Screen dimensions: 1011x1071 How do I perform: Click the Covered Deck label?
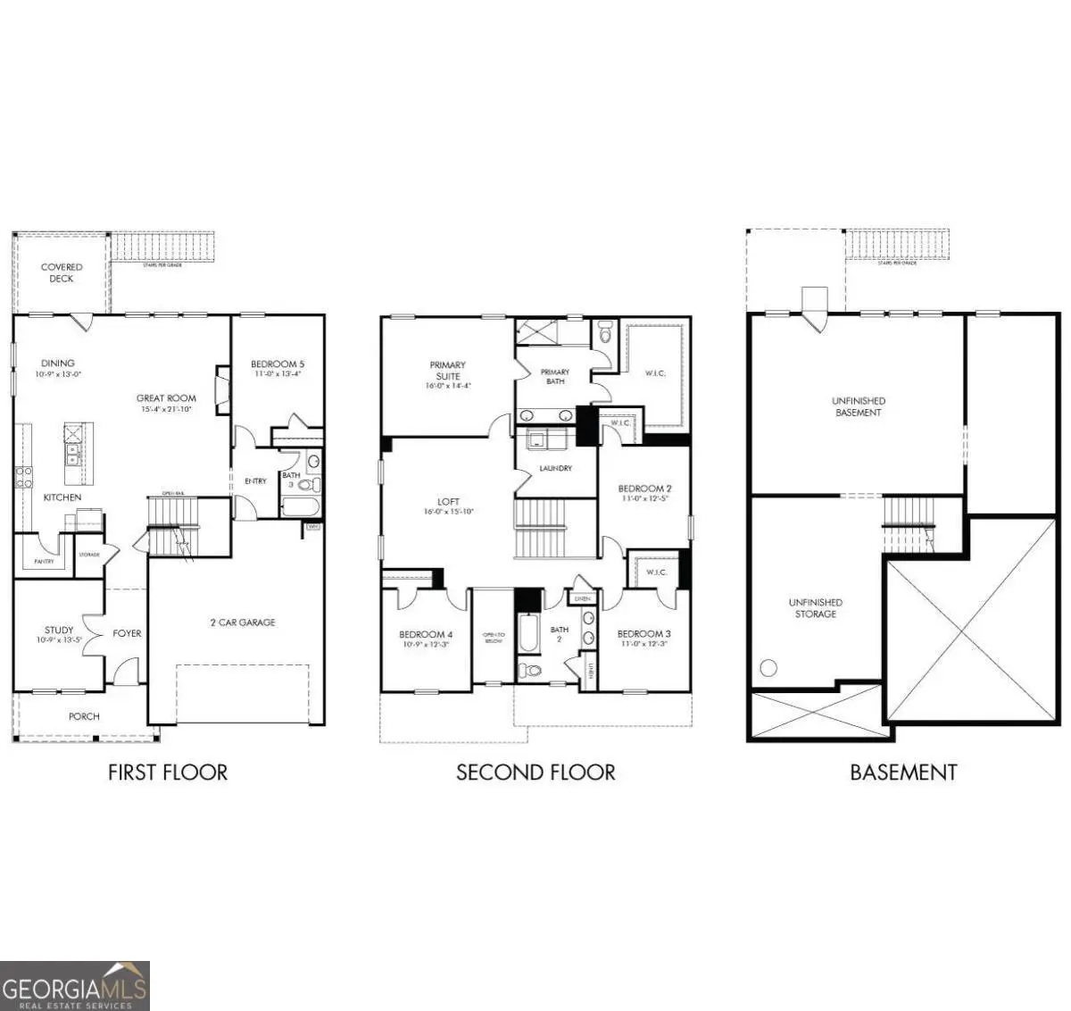pyautogui.click(x=62, y=272)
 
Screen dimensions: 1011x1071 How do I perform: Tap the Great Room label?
pyautogui.click(x=166, y=398)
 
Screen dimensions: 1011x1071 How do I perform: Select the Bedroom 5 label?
pyautogui.click(x=278, y=363)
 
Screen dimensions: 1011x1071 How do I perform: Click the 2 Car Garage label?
pyautogui.click(x=243, y=622)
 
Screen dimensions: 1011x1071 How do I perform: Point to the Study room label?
pyautogui.click(x=59, y=631)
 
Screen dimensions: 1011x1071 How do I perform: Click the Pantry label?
pyautogui.click(x=44, y=562)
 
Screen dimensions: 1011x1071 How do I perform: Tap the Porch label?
pyautogui.click(x=84, y=716)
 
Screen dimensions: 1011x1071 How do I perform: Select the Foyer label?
pyautogui.click(x=127, y=633)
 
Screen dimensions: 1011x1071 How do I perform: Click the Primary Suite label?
pyautogui.click(x=447, y=370)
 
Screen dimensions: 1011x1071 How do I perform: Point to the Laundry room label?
pyautogui.click(x=555, y=468)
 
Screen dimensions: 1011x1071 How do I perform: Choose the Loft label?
pyautogui.click(x=448, y=502)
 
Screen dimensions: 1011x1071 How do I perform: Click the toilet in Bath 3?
pyautogui.click(x=305, y=486)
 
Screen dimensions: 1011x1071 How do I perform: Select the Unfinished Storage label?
pyautogui.click(x=815, y=608)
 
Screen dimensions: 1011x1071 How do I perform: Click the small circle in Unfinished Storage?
pyautogui.click(x=768, y=667)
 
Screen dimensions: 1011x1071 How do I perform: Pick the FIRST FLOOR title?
pyautogui.click(x=168, y=772)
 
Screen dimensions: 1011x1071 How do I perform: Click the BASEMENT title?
pyautogui.click(x=903, y=772)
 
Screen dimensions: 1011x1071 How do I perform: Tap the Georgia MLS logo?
pyautogui.click(x=75, y=986)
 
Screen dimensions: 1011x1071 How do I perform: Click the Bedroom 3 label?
pyautogui.click(x=643, y=633)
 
